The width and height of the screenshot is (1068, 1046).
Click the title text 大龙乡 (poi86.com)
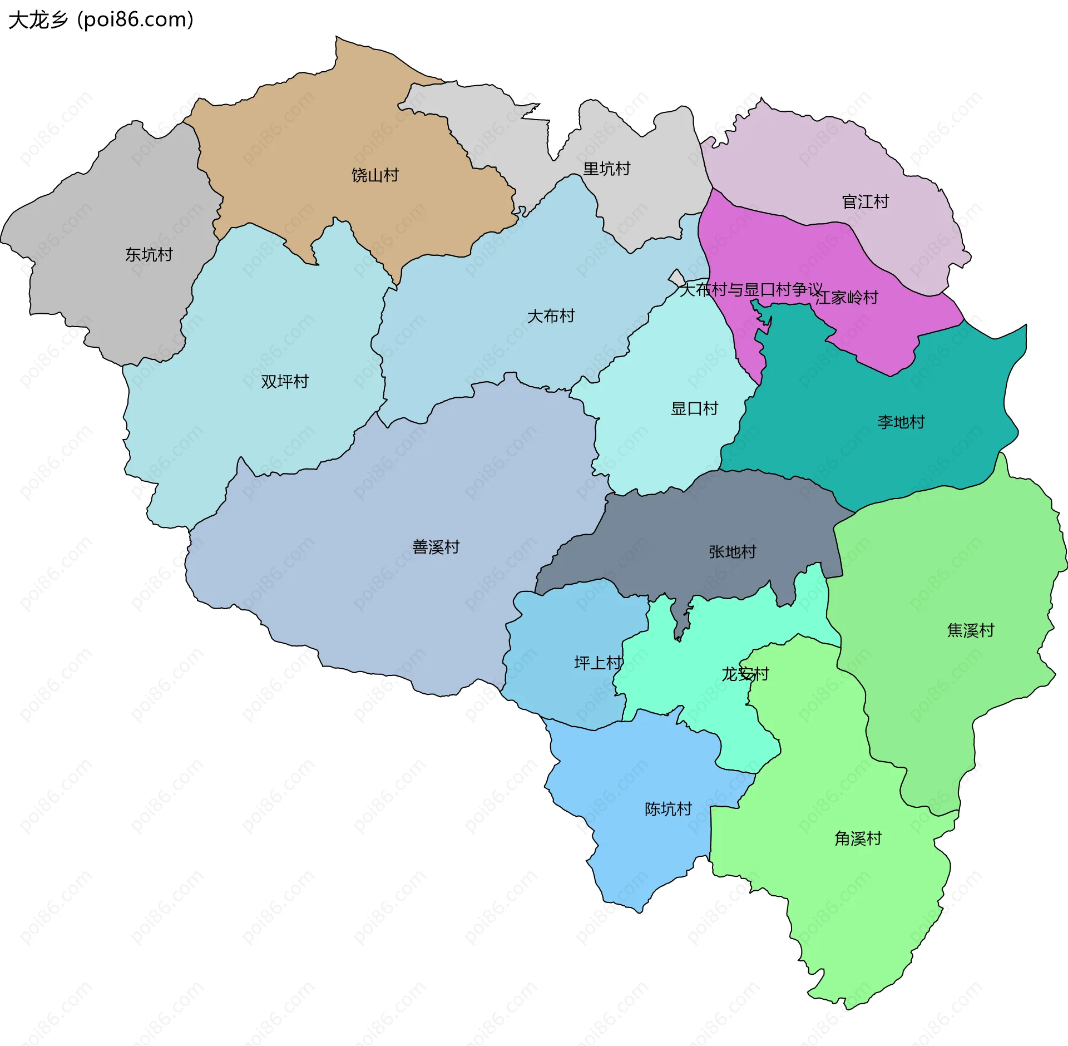(x=101, y=20)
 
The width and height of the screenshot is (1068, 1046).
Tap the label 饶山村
(x=375, y=175)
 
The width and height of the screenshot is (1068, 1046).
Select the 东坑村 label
(x=149, y=255)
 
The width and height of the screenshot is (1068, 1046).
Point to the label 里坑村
(x=606, y=169)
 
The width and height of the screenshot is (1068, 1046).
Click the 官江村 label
(x=865, y=201)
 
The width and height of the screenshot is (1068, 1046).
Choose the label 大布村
(x=551, y=316)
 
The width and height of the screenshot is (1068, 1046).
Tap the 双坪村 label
(x=284, y=382)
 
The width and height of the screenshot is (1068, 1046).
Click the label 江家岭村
(x=847, y=298)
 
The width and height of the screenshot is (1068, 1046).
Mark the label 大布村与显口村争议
(x=751, y=289)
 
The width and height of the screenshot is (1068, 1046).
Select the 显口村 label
(x=694, y=409)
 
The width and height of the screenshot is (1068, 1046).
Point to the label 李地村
(x=901, y=422)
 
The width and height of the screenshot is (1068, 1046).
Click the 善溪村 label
(x=436, y=547)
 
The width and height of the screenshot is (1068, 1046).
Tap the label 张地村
(x=732, y=552)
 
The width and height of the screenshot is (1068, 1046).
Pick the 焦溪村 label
(x=970, y=630)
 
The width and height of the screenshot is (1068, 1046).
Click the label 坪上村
(x=598, y=663)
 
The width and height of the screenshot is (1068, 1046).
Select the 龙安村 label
(x=745, y=674)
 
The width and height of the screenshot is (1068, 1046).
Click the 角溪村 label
(x=858, y=838)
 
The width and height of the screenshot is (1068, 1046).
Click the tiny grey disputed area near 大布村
(x=677, y=278)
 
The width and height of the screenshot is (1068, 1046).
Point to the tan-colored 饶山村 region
(x=311, y=139)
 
